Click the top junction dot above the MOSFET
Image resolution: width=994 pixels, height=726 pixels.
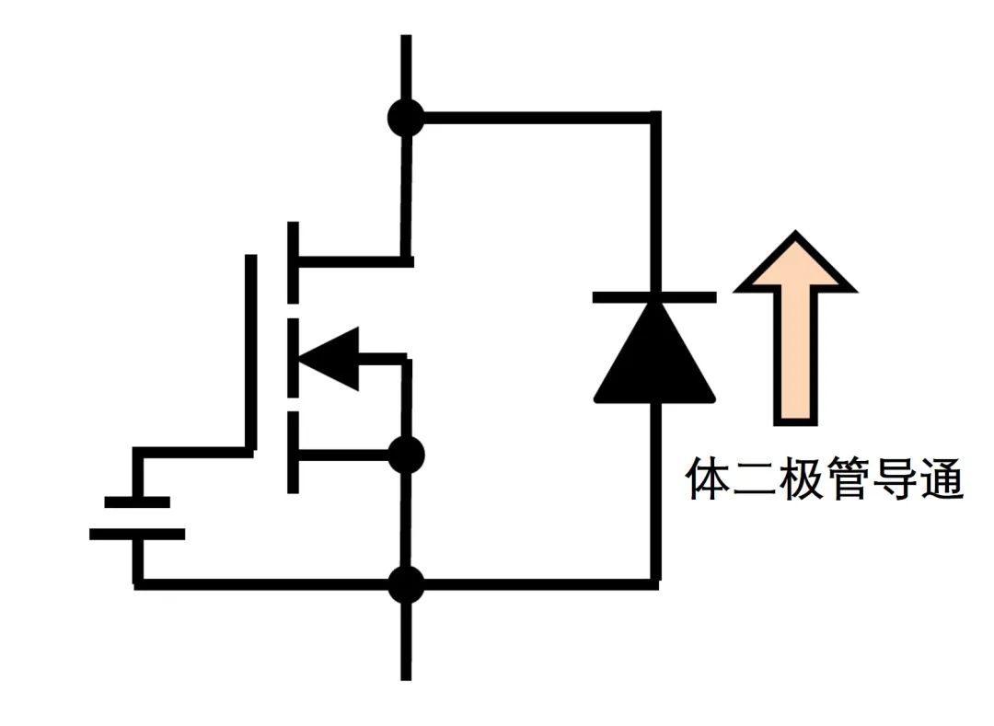[x=406, y=118]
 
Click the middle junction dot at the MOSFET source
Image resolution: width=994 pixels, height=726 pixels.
[x=406, y=455]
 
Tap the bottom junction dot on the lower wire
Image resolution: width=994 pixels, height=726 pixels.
[x=406, y=584]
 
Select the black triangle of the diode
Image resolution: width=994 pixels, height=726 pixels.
[x=654, y=354]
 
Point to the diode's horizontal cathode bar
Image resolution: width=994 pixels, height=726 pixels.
[x=654, y=296]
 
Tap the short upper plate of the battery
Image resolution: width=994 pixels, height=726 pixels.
[x=137, y=501]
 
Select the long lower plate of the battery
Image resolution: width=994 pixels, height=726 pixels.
[x=137, y=534]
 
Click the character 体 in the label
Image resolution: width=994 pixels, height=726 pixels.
[x=709, y=480]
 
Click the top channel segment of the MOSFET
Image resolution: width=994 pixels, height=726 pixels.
[x=294, y=262]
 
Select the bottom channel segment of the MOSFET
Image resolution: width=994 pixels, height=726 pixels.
[x=294, y=453]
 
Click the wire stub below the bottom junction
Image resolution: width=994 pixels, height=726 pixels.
[x=406, y=640]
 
